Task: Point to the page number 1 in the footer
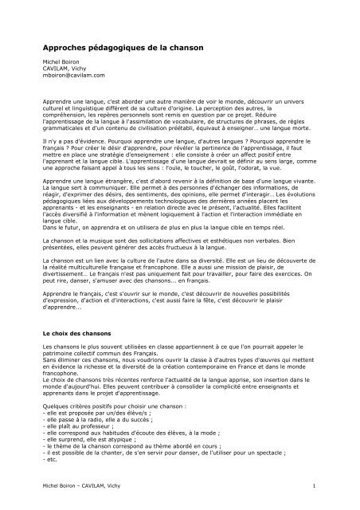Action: tap(316, 485)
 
